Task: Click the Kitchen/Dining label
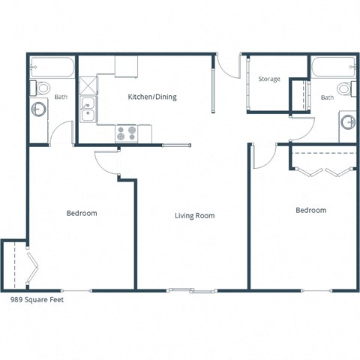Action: click(x=152, y=97)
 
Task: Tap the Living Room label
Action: click(x=194, y=216)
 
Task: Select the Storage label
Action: click(x=269, y=79)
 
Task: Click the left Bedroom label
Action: click(x=82, y=213)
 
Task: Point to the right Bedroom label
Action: click(x=310, y=211)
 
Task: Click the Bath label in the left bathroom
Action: click(x=61, y=97)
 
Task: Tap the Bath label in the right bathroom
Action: click(x=328, y=97)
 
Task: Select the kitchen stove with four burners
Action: click(x=127, y=133)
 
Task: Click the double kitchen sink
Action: click(x=88, y=109)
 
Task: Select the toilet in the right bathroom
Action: click(x=345, y=88)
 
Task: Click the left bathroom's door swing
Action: click(x=61, y=133)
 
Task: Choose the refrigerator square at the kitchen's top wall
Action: click(x=126, y=66)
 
